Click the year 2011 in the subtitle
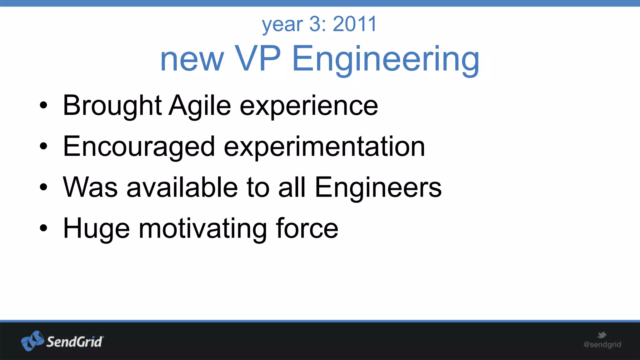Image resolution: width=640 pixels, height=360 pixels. (355, 24)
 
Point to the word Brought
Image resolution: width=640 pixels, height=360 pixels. (112, 106)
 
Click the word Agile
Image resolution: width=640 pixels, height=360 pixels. (200, 106)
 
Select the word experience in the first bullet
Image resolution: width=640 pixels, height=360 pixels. (309, 106)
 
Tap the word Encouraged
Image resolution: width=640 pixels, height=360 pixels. (139, 147)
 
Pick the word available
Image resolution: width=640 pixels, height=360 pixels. (182, 187)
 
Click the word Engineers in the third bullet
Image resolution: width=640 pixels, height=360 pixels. (378, 188)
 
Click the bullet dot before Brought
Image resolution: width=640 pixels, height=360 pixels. (44, 106)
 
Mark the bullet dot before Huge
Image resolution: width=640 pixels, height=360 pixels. (44, 228)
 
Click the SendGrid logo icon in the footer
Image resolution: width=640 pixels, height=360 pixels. (32, 341)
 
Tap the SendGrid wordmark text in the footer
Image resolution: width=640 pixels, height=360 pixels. (75, 342)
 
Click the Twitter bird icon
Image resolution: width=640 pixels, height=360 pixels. (602, 335)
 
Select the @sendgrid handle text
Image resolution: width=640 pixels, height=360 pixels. (602, 345)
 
